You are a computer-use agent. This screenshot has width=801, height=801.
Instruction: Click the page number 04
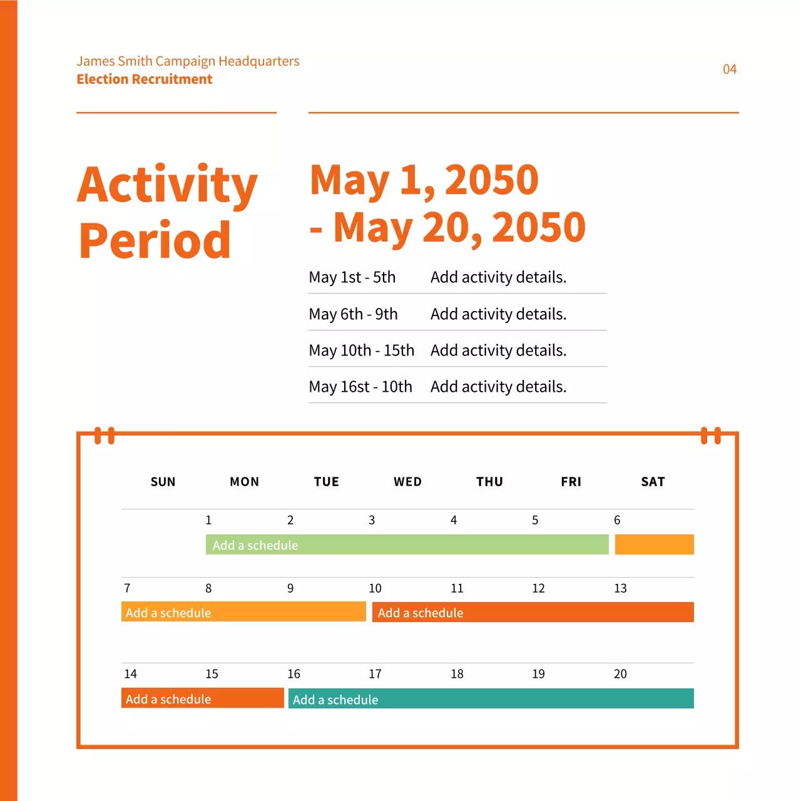pos(729,69)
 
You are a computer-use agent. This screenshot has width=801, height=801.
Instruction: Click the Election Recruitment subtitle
pos(145,79)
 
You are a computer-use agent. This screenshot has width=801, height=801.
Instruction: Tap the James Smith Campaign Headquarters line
pos(188,61)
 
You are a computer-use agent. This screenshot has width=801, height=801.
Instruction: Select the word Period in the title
pos(155,240)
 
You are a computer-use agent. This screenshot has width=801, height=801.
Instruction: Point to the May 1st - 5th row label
pos(352,277)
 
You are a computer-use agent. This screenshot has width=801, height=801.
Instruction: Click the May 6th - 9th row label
pos(353,314)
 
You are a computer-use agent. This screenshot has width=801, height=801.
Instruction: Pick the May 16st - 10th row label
pos(360,387)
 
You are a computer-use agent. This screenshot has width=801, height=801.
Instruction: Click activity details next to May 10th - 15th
pos(498,350)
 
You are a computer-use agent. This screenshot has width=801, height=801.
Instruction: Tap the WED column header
pos(407,482)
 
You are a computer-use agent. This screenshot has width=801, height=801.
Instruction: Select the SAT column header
pos(653,482)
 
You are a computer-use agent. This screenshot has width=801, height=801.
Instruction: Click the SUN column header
pos(163,482)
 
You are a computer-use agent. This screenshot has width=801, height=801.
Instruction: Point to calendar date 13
pos(620,588)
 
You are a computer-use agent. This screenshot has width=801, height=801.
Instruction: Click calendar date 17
pos(375,674)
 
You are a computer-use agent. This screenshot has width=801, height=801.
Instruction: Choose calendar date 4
pos(454,520)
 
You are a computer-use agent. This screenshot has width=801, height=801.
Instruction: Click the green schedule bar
pos(407,544)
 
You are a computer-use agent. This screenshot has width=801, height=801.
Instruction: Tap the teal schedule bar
pos(491,698)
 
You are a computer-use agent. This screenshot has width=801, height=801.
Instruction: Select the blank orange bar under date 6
pos(654,544)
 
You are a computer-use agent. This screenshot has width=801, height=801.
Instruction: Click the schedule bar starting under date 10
pos(533,612)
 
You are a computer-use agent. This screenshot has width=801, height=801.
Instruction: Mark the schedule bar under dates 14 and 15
pos(202,698)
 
